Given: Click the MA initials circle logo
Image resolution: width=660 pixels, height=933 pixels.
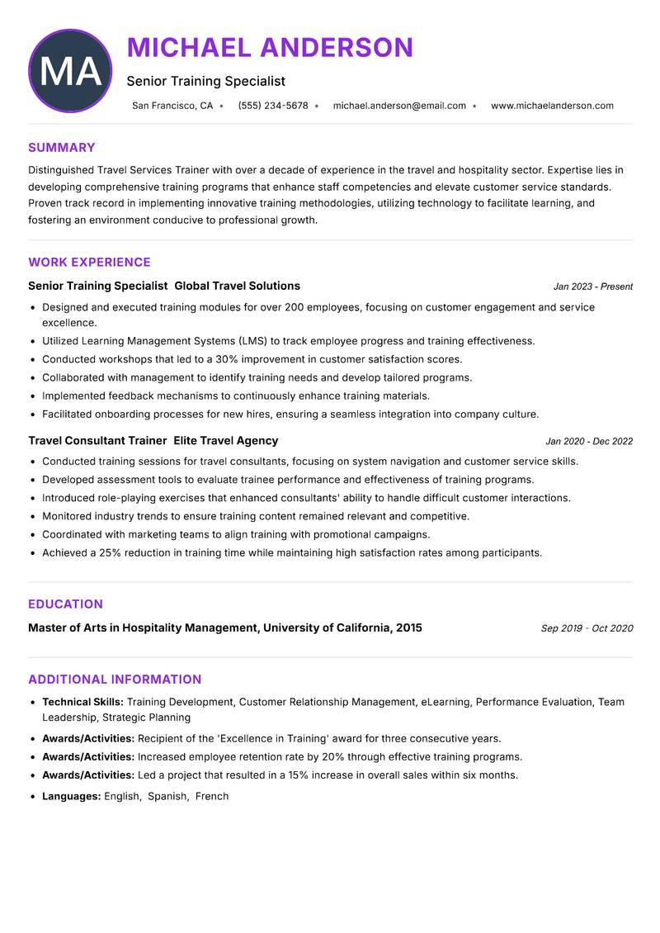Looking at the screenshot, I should pos(70,71).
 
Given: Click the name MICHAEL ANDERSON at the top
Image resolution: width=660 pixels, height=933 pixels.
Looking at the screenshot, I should pos(270,48).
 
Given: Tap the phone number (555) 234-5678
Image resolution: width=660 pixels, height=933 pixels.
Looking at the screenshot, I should pos(273,106).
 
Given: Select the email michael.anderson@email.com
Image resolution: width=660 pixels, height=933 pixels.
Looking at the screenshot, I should pos(399,106).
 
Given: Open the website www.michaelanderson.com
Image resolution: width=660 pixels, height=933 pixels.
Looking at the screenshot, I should pos(552,106).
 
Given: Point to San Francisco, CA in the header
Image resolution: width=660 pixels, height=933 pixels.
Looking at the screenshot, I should pos(172,106).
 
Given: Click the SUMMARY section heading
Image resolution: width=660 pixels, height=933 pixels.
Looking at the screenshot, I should pos(62,148).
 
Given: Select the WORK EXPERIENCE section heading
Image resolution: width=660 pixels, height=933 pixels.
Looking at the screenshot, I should pos(89,263).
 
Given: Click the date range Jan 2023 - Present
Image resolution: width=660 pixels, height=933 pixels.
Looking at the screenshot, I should pos(592,287).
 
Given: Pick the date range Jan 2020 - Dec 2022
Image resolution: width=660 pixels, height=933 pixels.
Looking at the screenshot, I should pos(589,442).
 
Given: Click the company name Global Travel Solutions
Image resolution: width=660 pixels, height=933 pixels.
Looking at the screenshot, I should pos(238,287).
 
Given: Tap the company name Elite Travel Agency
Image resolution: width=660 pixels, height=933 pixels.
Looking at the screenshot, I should pos(226,441).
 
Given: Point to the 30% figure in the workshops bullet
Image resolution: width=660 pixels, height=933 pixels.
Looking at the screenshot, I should pos(227,359).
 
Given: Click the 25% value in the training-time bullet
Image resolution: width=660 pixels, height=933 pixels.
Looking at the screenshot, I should pos(111,553).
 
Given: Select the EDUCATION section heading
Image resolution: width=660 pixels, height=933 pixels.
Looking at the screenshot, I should pos(65,604).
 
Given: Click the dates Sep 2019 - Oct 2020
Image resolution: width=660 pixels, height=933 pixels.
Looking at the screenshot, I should pos(587,628).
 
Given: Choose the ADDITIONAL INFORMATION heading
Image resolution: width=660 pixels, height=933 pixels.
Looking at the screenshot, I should pos(115,680).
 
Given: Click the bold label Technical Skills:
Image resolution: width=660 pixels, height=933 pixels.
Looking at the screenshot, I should pos(82,702).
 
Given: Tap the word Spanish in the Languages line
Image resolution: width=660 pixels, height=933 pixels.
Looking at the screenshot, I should pos(167,797).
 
